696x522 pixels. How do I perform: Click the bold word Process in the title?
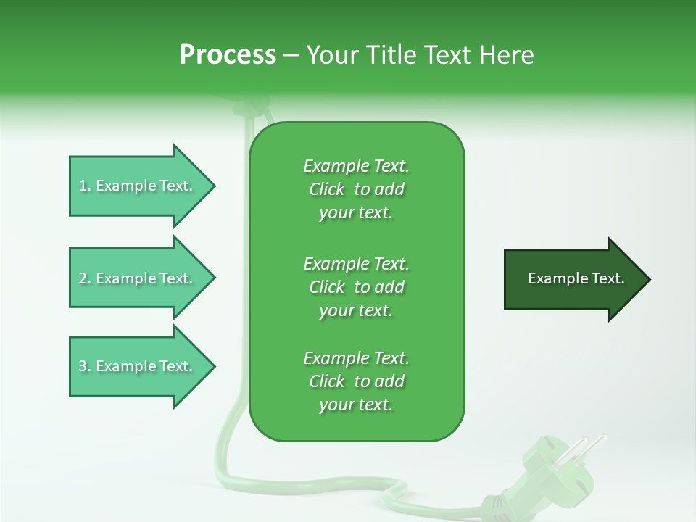(228, 54)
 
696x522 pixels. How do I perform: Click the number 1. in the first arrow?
(85, 186)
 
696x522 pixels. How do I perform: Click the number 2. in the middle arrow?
(85, 278)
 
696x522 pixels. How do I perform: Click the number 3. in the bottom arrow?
(85, 366)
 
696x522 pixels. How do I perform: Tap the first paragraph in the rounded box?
(356, 189)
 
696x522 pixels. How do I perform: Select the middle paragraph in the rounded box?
(356, 286)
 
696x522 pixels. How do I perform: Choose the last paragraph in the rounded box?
(356, 381)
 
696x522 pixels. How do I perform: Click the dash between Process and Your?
(291, 55)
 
